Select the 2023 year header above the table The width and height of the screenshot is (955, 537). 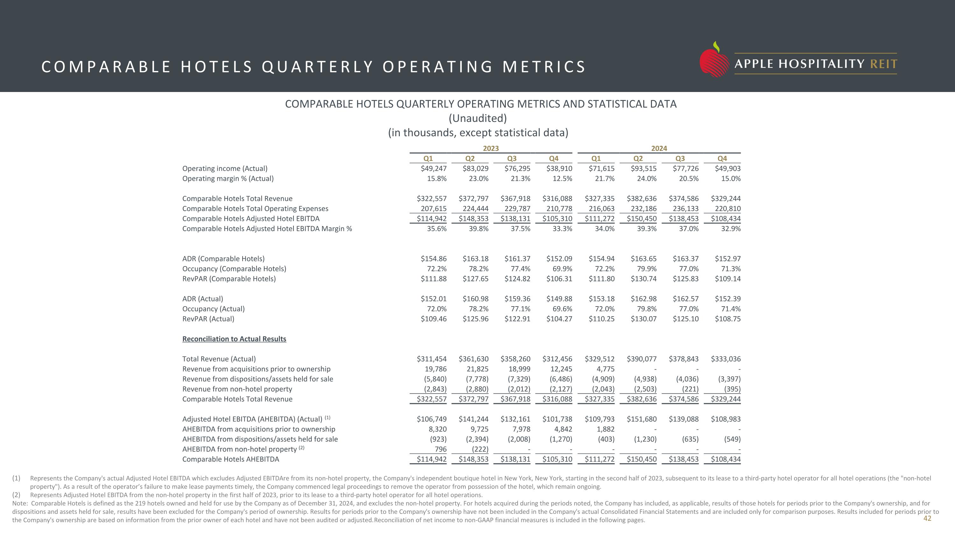(x=491, y=148)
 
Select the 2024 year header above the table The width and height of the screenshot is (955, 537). (x=659, y=148)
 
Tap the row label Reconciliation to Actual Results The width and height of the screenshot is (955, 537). (x=234, y=339)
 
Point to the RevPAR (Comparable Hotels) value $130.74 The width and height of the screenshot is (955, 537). (x=644, y=279)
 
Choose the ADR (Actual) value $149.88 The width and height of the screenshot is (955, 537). (x=559, y=299)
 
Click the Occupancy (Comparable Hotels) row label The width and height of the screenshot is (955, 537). (x=234, y=269)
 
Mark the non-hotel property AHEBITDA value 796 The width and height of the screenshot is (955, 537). (x=441, y=449)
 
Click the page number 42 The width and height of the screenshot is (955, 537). (x=927, y=519)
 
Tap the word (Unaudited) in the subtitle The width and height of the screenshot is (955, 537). (x=478, y=118)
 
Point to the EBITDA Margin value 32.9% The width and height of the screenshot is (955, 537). (x=731, y=229)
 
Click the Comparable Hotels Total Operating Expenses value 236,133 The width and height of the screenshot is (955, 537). (x=685, y=208)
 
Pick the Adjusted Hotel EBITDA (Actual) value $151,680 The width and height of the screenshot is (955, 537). (x=641, y=419)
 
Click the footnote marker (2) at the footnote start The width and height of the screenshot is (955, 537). (x=16, y=495)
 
